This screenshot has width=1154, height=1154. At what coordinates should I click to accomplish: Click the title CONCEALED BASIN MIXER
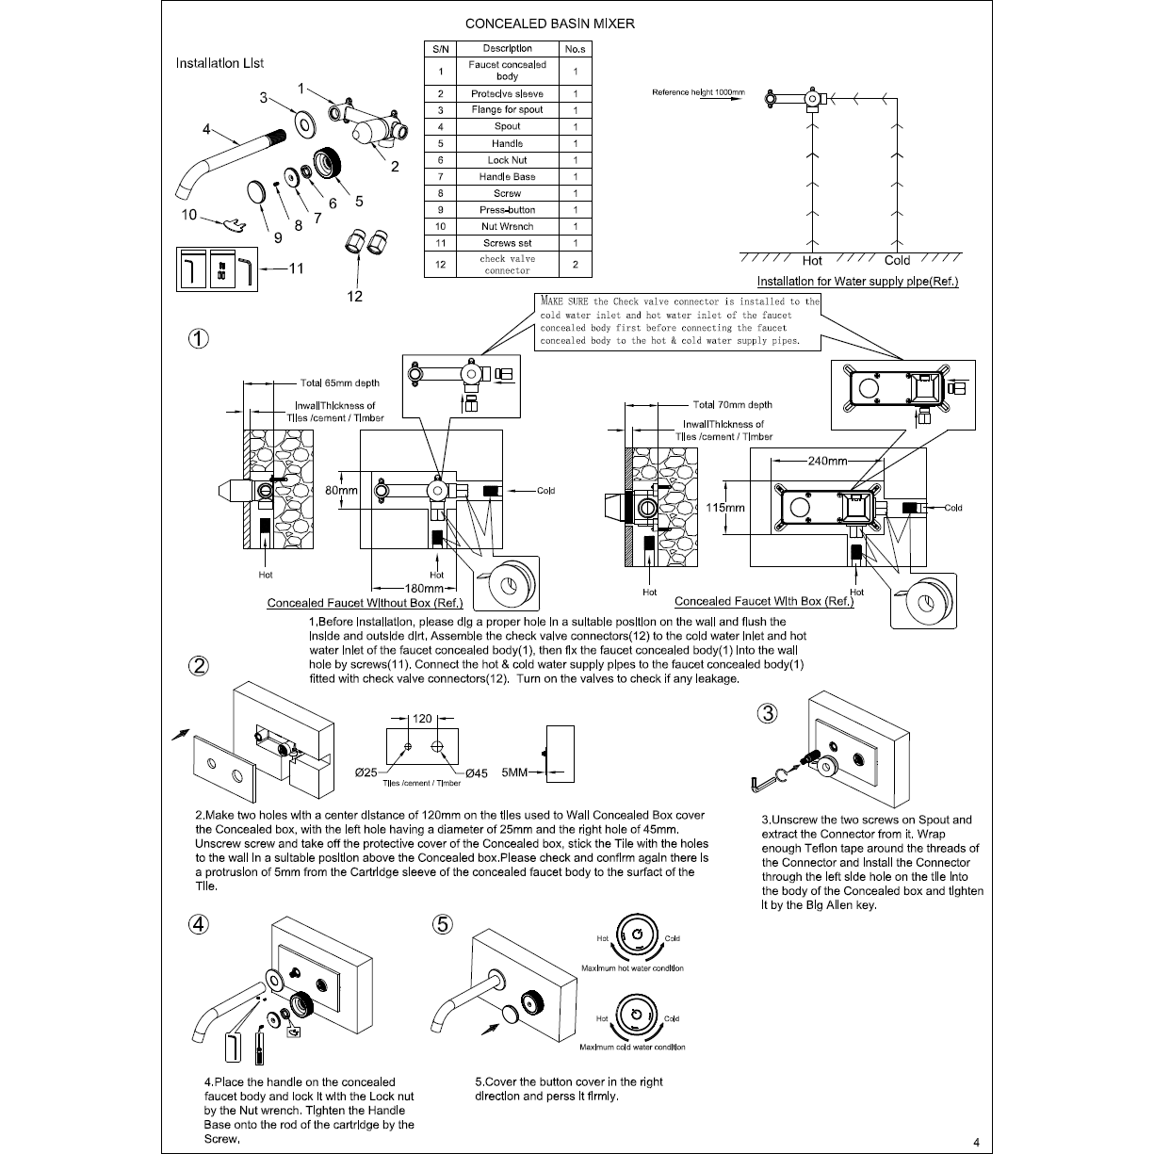click(x=549, y=24)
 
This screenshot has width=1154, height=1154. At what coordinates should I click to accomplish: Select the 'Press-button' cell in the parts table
click(x=507, y=210)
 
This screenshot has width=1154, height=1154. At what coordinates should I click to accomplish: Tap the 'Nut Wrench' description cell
click(x=507, y=226)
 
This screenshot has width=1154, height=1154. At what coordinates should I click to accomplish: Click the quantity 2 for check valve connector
click(x=575, y=265)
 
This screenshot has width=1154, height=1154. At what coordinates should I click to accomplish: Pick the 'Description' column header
click(x=507, y=48)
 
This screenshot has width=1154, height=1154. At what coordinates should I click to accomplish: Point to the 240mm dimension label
click(x=828, y=462)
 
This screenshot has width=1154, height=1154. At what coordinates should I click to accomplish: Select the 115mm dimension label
click(x=725, y=507)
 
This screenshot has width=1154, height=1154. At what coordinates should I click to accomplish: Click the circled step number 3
click(x=769, y=713)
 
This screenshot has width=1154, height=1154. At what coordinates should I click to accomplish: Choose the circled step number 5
click(x=443, y=924)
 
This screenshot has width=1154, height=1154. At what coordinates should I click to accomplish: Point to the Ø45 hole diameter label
click(x=476, y=772)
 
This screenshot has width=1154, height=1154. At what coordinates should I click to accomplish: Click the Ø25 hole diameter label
click(x=366, y=772)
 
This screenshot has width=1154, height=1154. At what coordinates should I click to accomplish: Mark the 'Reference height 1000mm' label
click(x=698, y=92)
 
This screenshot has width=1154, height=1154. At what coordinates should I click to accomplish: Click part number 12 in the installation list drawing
click(x=355, y=296)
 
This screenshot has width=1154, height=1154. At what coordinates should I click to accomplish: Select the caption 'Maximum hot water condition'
click(x=632, y=968)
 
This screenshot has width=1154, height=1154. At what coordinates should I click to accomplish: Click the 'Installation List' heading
click(x=219, y=63)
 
